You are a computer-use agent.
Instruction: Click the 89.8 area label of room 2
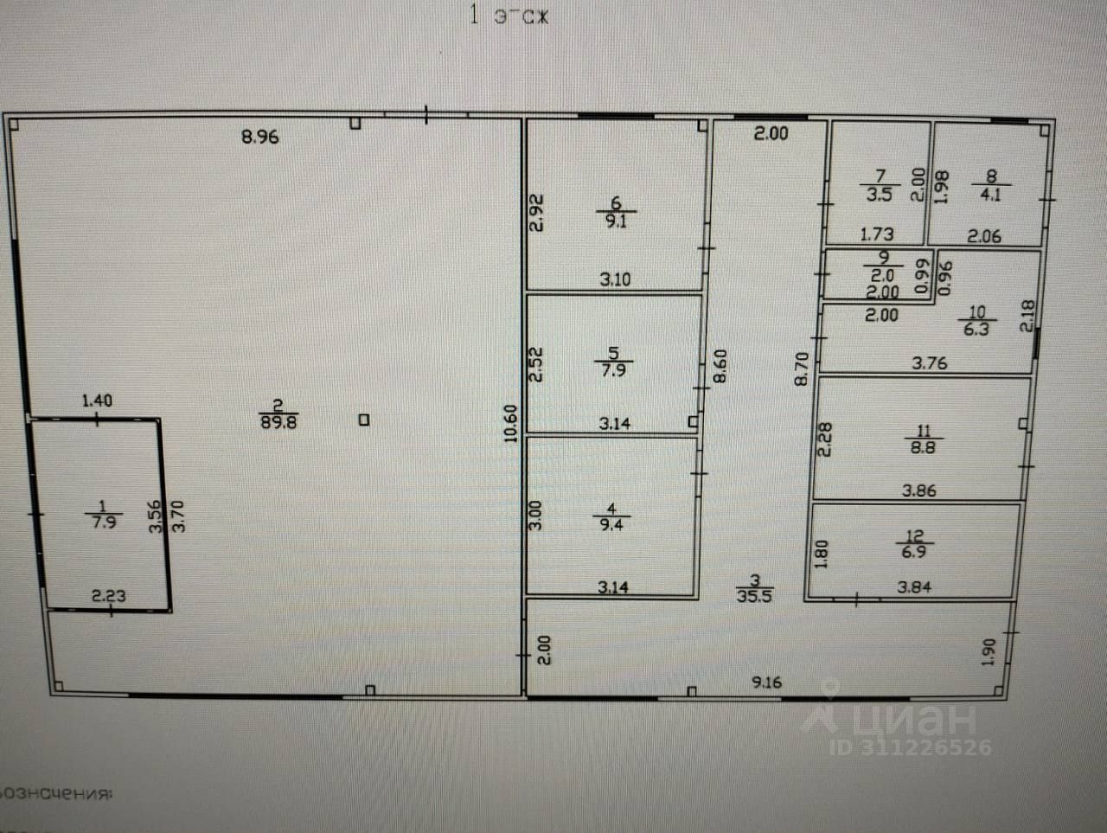click(278, 423)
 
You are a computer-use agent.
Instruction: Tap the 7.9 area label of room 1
click(104, 523)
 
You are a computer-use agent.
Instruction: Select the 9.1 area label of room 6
click(616, 220)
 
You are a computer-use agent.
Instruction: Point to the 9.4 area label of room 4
click(611, 525)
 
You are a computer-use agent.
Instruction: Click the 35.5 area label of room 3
click(754, 596)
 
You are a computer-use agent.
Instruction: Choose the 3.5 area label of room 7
click(879, 195)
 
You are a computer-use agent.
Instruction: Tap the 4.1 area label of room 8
click(990, 195)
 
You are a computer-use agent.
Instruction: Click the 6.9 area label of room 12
click(913, 552)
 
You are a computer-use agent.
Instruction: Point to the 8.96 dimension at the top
click(260, 137)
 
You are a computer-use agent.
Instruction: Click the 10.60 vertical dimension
click(510, 424)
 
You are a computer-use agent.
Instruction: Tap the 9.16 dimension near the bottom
click(766, 682)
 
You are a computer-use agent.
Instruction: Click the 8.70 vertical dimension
click(801, 368)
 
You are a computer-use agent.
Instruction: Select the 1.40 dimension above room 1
click(97, 400)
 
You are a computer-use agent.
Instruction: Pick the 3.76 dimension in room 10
click(930, 363)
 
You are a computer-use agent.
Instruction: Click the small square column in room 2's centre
click(364, 420)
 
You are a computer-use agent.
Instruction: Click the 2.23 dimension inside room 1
click(109, 595)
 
